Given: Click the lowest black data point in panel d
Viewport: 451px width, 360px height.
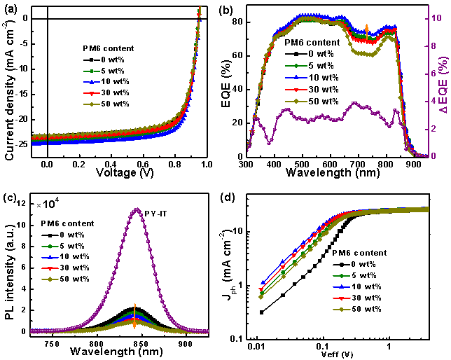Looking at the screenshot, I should pos(262,312).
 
